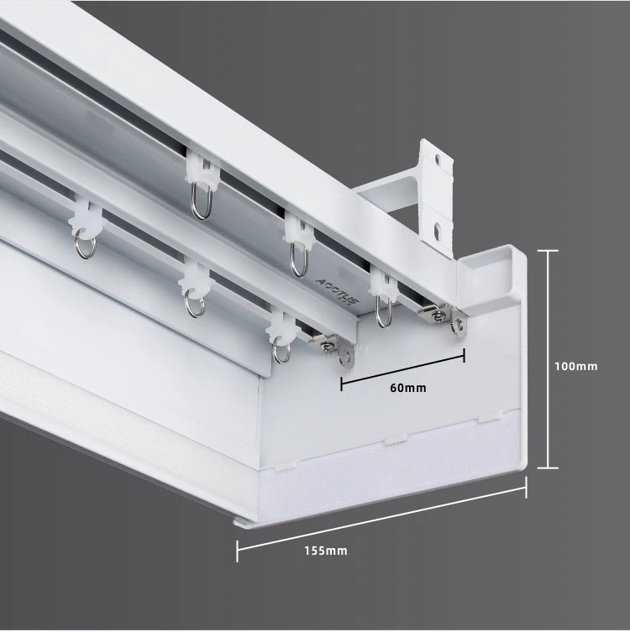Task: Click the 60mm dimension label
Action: (409, 388)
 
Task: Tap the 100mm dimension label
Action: (575, 366)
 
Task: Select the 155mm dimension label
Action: (326, 551)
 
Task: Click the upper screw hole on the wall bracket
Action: (437, 157)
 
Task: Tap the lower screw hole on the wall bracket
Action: (437, 227)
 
